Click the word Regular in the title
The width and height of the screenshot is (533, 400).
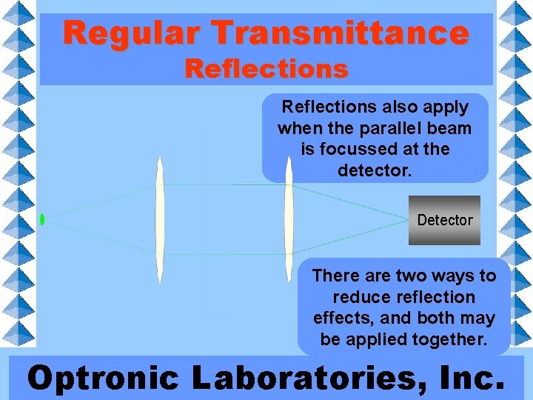(x=132, y=33)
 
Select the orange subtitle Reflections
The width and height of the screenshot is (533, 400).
(x=266, y=69)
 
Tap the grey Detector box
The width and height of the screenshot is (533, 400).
(x=444, y=220)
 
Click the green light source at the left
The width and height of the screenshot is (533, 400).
(x=42, y=219)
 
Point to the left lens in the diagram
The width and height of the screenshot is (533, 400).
(x=159, y=219)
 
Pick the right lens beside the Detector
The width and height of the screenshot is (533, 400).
(x=289, y=219)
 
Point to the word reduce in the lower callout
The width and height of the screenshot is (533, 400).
(x=362, y=297)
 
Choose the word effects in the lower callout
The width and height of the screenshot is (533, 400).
(x=341, y=319)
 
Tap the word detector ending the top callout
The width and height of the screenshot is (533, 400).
(x=374, y=170)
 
